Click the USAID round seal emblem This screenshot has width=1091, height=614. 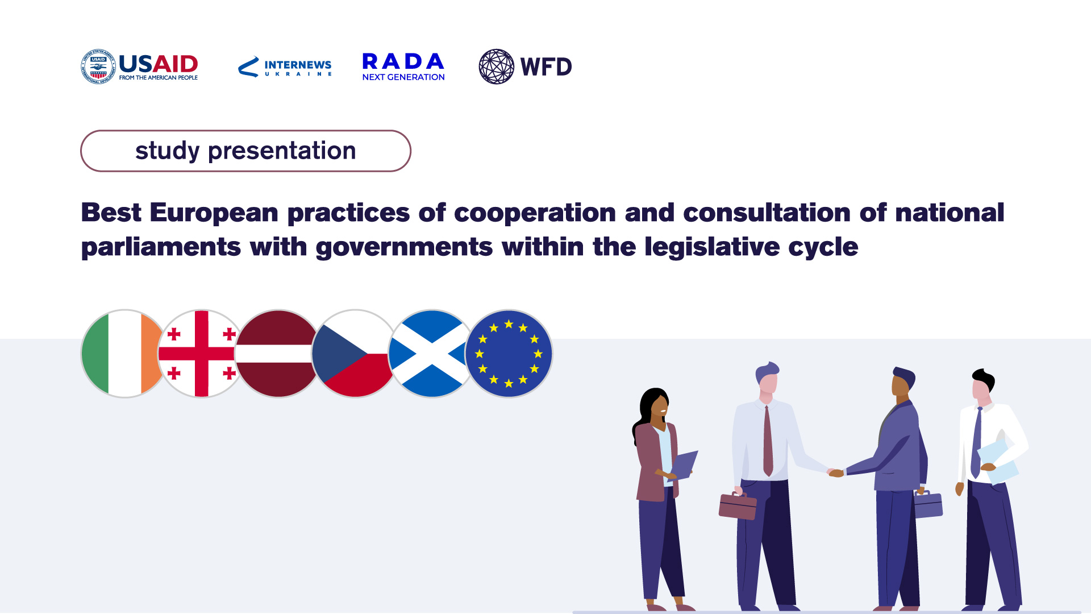click(x=98, y=67)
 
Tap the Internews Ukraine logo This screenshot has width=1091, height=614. click(x=285, y=67)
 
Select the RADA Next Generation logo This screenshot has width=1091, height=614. click(x=403, y=67)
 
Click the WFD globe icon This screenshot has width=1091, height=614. click(x=497, y=67)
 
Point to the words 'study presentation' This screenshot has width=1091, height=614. click(x=245, y=151)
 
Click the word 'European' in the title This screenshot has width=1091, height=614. click(x=214, y=213)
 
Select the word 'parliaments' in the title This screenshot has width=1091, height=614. click(x=161, y=247)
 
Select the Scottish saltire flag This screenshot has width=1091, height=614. click(x=431, y=354)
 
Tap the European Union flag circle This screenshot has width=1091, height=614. click(x=509, y=354)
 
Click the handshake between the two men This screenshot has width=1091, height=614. click(x=835, y=472)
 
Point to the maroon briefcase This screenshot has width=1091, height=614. click(x=738, y=505)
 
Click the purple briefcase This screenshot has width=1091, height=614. click(x=928, y=504)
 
